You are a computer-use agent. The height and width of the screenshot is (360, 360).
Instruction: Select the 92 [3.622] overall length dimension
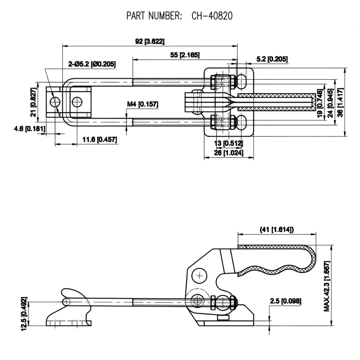point(150,41)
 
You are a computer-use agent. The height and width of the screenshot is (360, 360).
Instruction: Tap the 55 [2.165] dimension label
point(185,55)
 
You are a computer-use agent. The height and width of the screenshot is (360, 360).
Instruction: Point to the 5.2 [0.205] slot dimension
point(272,59)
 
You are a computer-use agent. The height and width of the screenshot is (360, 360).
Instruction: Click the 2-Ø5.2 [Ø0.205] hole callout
point(92,64)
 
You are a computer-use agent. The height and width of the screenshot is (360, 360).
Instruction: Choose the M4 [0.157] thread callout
point(143,104)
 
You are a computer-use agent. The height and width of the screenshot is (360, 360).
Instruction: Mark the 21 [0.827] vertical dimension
point(33,102)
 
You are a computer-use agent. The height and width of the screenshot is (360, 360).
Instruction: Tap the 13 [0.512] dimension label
point(229,143)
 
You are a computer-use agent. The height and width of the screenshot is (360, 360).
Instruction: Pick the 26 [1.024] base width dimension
point(229,153)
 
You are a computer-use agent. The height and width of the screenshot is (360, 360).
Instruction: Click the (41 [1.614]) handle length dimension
point(276,229)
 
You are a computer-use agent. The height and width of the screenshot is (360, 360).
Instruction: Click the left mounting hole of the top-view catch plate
point(55,102)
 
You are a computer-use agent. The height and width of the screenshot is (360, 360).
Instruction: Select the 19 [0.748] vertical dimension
point(319,102)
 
